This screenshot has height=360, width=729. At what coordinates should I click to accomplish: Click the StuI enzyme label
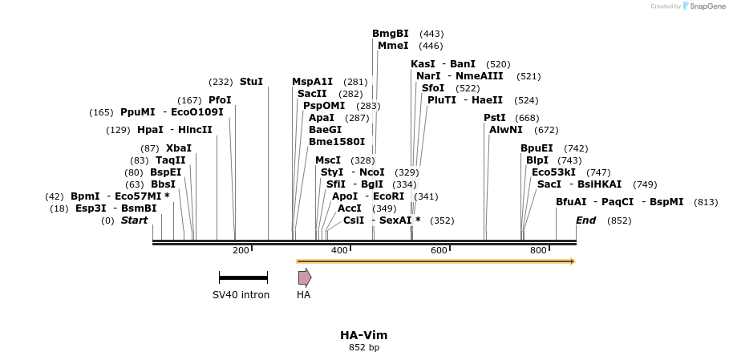tap(251, 82)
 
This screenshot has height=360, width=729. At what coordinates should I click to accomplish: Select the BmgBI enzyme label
tap(390, 34)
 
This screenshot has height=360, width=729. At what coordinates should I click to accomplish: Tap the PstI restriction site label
tap(494, 118)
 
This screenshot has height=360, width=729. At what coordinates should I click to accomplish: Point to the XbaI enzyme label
tap(178, 148)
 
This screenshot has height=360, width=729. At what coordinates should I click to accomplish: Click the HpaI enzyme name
tap(150, 130)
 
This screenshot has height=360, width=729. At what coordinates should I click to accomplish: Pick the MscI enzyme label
tap(327, 160)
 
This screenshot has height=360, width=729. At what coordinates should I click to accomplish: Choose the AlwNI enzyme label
tap(505, 130)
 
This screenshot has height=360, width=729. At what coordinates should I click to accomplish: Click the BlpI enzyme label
tap(537, 160)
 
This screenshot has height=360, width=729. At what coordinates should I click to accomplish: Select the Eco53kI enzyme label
tap(553, 172)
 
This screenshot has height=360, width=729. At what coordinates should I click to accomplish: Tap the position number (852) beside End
tap(619, 220)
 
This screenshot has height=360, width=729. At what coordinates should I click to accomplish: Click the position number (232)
tap(221, 82)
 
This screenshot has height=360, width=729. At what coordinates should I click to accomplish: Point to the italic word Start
tap(134, 220)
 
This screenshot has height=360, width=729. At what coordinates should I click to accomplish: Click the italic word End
tap(585, 220)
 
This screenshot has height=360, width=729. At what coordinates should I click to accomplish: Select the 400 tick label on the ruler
tap(339, 251)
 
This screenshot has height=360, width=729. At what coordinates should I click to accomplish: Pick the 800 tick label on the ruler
tap(538, 251)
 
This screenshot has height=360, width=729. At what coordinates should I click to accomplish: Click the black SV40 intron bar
tap(243, 278)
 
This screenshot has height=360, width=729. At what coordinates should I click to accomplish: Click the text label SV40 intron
tap(241, 295)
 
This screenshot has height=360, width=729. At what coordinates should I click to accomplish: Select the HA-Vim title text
tap(363, 335)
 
